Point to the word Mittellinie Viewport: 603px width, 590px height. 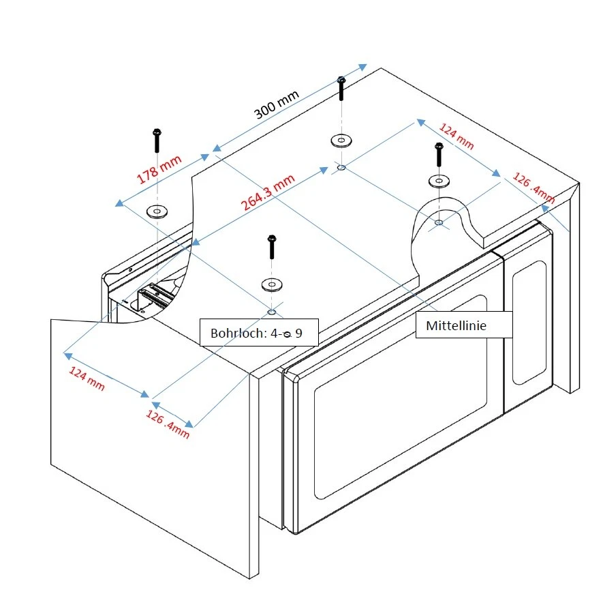tap(456, 326)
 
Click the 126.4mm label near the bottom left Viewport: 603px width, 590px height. tap(167, 424)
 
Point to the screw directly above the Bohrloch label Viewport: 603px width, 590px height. tap(272, 247)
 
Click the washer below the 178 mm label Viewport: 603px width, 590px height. tap(157, 211)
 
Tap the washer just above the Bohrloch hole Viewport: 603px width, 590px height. tap(272, 284)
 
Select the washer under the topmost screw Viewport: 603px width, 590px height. tap(341, 141)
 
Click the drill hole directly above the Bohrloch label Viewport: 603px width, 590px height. tap(272, 312)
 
